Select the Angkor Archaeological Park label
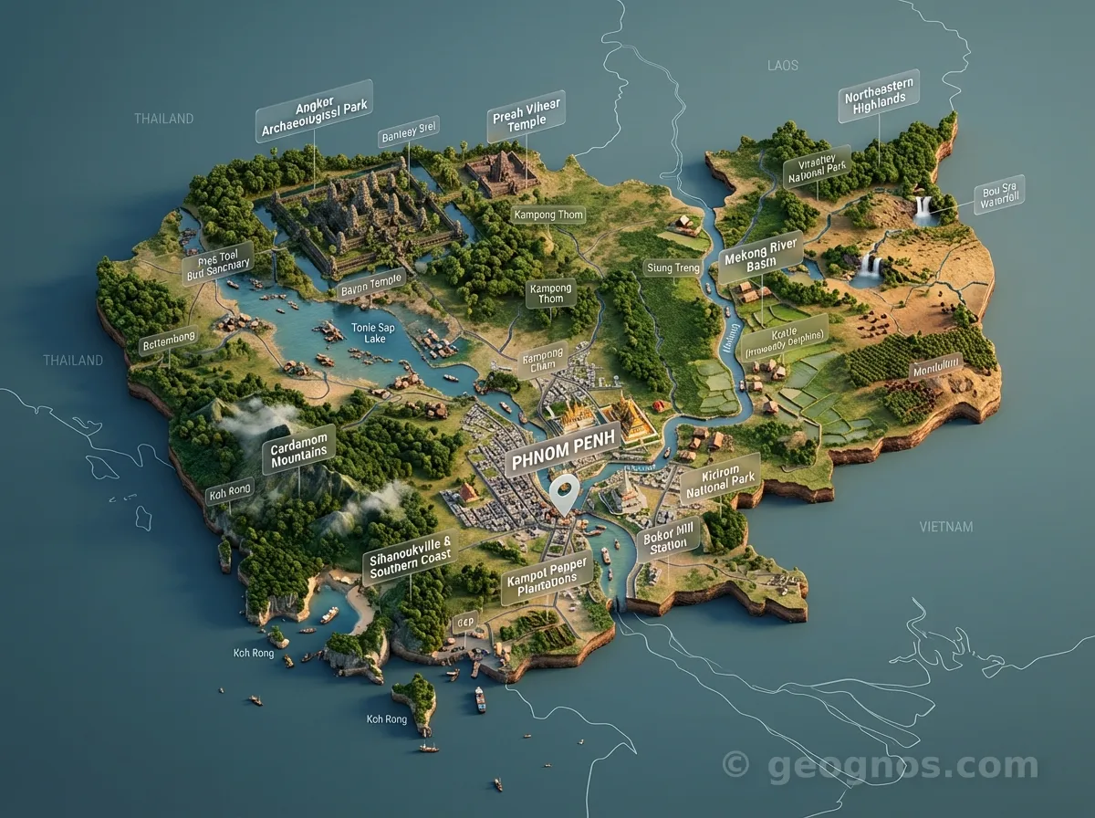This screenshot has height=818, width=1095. (314, 112)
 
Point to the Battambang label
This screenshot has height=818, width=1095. (168, 342)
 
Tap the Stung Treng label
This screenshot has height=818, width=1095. (673, 267)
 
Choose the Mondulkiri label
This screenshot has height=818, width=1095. (936, 368)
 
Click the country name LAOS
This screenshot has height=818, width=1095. (783, 65)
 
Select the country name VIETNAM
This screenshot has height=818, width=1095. (946, 527)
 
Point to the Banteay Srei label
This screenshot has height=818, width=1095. (408, 134)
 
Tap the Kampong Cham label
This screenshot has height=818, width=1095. (543, 357)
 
